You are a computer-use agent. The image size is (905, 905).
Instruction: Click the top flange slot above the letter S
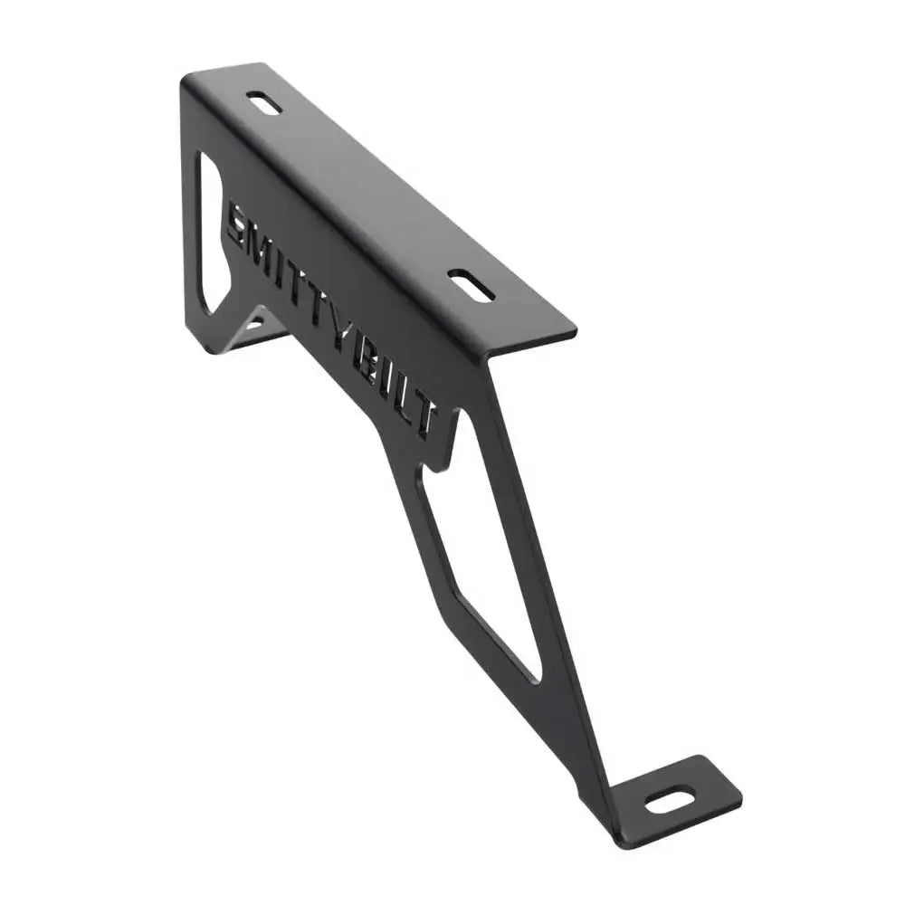(263, 102)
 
